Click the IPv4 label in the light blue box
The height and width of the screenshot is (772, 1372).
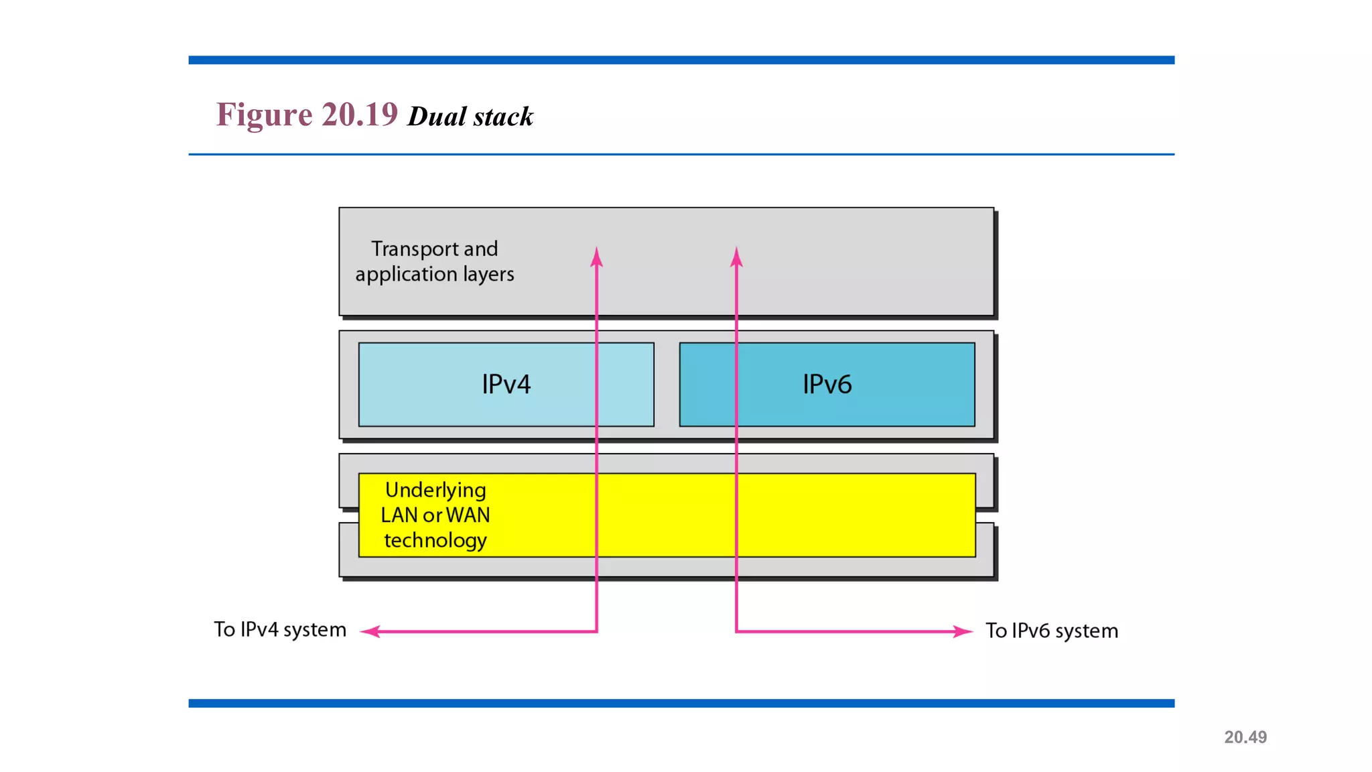coord(506,385)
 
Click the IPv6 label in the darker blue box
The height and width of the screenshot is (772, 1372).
coord(827,385)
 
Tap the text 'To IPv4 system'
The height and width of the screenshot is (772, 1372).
coord(280,630)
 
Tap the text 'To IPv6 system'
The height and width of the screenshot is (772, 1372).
coord(1051,631)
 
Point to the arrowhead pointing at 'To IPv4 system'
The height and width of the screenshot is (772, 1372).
coord(370,631)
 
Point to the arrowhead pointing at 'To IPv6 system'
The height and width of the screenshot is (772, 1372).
coord(963,631)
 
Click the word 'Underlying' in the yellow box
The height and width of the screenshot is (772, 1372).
coord(435,491)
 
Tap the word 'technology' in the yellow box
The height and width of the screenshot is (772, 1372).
coord(435,541)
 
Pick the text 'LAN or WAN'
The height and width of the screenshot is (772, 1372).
coord(435,515)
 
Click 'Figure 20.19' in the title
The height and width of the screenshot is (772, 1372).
coord(307,115)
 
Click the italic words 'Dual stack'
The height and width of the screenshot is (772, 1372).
coord(470,117)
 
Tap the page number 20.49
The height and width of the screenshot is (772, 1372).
coord(1245,737)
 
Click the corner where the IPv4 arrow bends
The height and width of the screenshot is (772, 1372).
coord(596,631)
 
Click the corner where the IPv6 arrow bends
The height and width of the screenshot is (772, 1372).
coord(736,631)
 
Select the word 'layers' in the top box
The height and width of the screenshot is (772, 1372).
coord(488,275)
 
